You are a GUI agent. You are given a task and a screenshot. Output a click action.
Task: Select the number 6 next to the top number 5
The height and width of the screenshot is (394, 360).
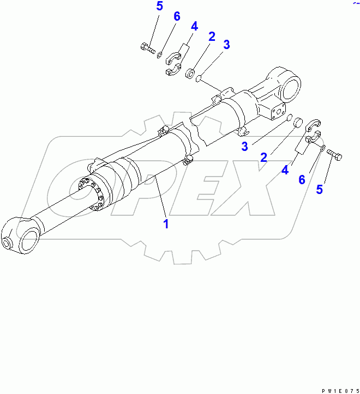tap(177, 16)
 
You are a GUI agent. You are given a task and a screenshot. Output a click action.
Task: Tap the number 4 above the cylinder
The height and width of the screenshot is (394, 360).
tap(194, 26)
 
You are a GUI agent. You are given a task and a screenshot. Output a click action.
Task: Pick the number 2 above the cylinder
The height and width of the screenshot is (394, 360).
tap(211, 36)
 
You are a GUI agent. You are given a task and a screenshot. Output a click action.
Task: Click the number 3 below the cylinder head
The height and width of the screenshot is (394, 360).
tap(245, 146)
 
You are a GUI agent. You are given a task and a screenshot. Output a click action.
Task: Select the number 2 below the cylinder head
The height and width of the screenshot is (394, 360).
tap(263, 157)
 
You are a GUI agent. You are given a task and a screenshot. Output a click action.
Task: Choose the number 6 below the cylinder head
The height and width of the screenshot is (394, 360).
tap(302, 179)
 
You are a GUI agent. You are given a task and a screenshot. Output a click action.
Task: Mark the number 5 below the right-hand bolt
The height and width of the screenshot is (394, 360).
tap(320, 190)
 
